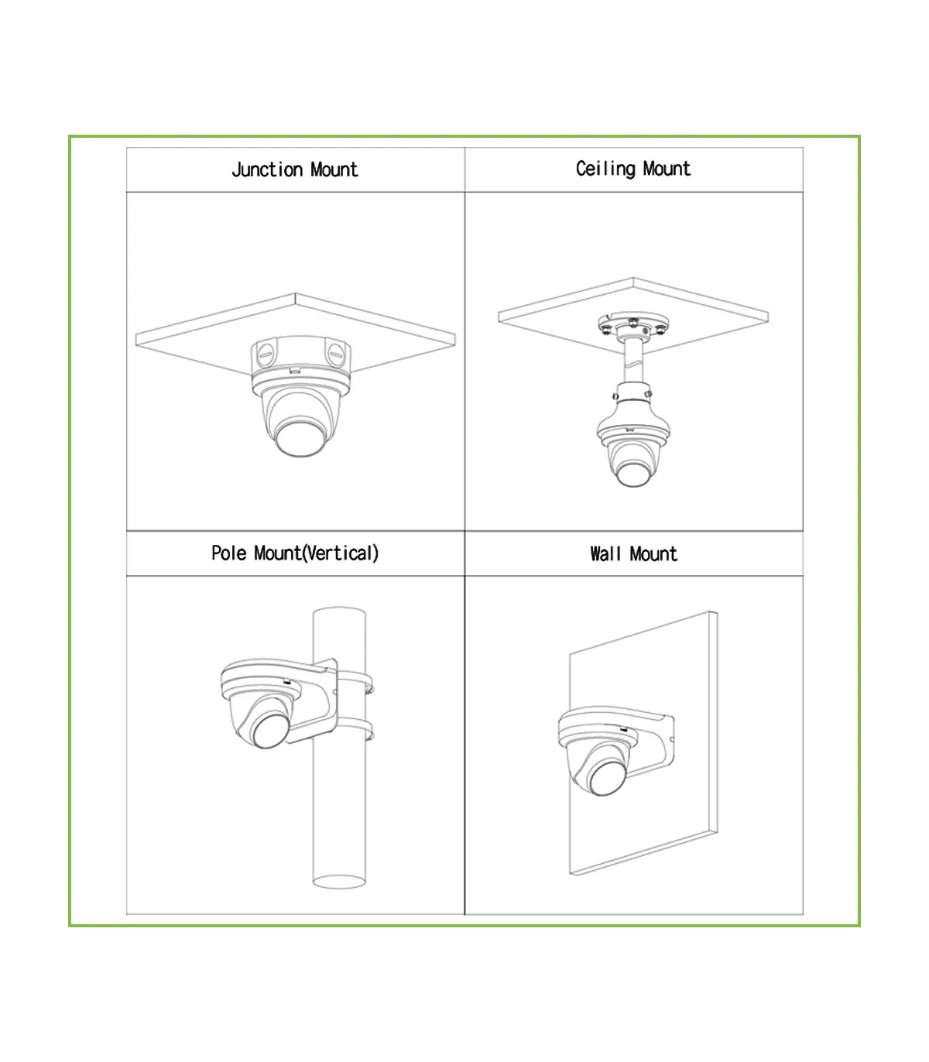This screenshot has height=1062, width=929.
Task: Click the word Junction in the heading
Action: [267, 170]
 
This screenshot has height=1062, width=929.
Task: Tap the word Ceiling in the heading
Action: [605, 169]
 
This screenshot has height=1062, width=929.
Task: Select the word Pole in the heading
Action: [229, 553]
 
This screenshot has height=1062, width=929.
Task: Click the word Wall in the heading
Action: [605, 554]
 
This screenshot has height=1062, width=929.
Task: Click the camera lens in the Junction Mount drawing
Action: [300, 438]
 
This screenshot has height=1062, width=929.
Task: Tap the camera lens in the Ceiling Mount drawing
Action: [633, 474]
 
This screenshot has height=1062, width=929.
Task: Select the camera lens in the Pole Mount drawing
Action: [270, 730]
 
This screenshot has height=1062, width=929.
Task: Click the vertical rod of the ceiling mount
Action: [633, 361]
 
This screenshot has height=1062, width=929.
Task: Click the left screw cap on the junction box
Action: [265, 355]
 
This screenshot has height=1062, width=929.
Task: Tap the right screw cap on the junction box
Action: [336, 355]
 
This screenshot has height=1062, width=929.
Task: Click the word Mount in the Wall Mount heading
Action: [654, 554]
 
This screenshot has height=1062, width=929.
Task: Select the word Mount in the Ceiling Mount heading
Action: [667, 169]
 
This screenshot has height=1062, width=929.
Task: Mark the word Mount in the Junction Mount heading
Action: [334, 170]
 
